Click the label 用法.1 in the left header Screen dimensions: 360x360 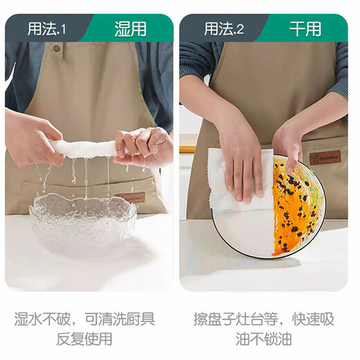(46, 28)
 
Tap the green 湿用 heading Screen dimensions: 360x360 (130, 28)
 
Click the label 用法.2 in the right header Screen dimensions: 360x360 (224, 28)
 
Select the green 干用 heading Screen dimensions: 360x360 (305, 28)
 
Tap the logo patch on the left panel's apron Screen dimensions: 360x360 (132, 198)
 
